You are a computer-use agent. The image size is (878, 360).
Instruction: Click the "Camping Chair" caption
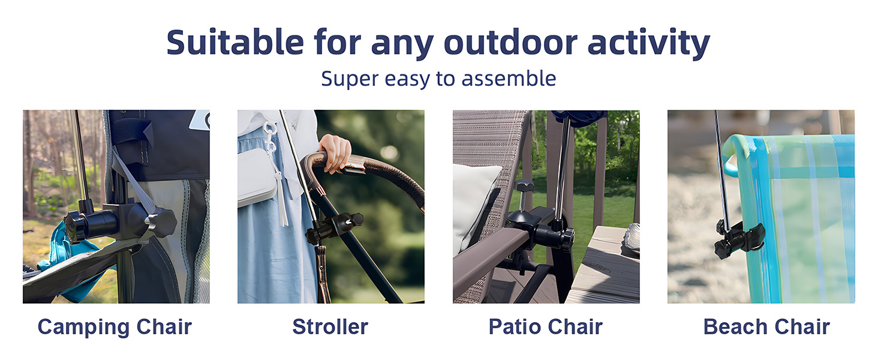[115, 327]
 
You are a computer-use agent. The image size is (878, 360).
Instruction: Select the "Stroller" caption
[330, 327]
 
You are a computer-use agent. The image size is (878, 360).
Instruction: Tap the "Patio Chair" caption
[545, 327]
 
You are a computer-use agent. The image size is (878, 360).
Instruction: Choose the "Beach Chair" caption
[766, 327]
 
